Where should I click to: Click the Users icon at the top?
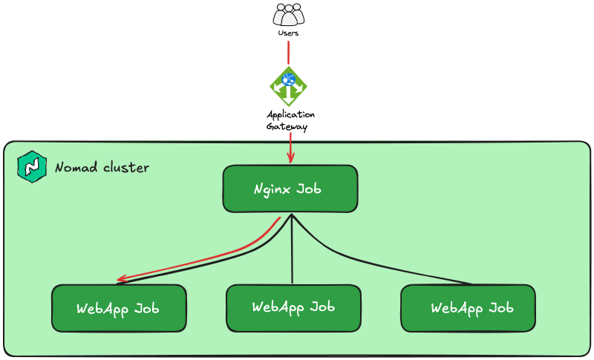click(288, 15)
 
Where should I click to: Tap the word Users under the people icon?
click(288, 33)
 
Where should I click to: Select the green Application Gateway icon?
click(288, 86)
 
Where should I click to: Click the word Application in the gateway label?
click(290, 115)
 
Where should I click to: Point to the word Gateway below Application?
click(286, 127)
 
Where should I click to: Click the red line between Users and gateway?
click(288, 52)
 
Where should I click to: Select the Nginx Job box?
click(290, 189)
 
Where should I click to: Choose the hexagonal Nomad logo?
click(31, 167)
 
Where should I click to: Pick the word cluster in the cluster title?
click(125, 168)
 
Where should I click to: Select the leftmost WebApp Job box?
click(119, 308)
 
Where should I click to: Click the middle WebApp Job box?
click(293, 307)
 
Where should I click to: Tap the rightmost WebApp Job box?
click(468, 308)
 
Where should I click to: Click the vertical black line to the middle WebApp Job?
click(293, 252)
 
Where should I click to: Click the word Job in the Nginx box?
click(309, 189)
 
